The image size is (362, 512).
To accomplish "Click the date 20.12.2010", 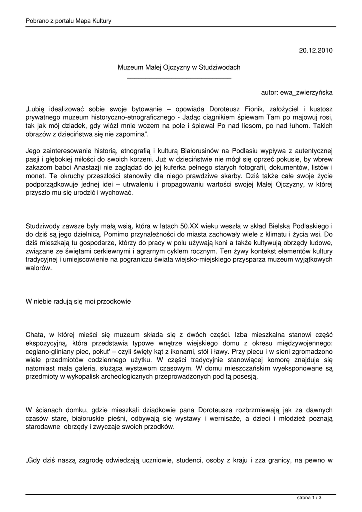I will coord(316,50).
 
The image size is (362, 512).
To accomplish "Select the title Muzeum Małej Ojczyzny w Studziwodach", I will coord(179,67).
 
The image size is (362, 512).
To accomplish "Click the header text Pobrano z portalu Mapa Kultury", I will coord(69,21).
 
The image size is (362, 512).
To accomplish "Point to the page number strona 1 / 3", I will coord(309,498).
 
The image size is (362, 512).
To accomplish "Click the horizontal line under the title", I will coord(179,78).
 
